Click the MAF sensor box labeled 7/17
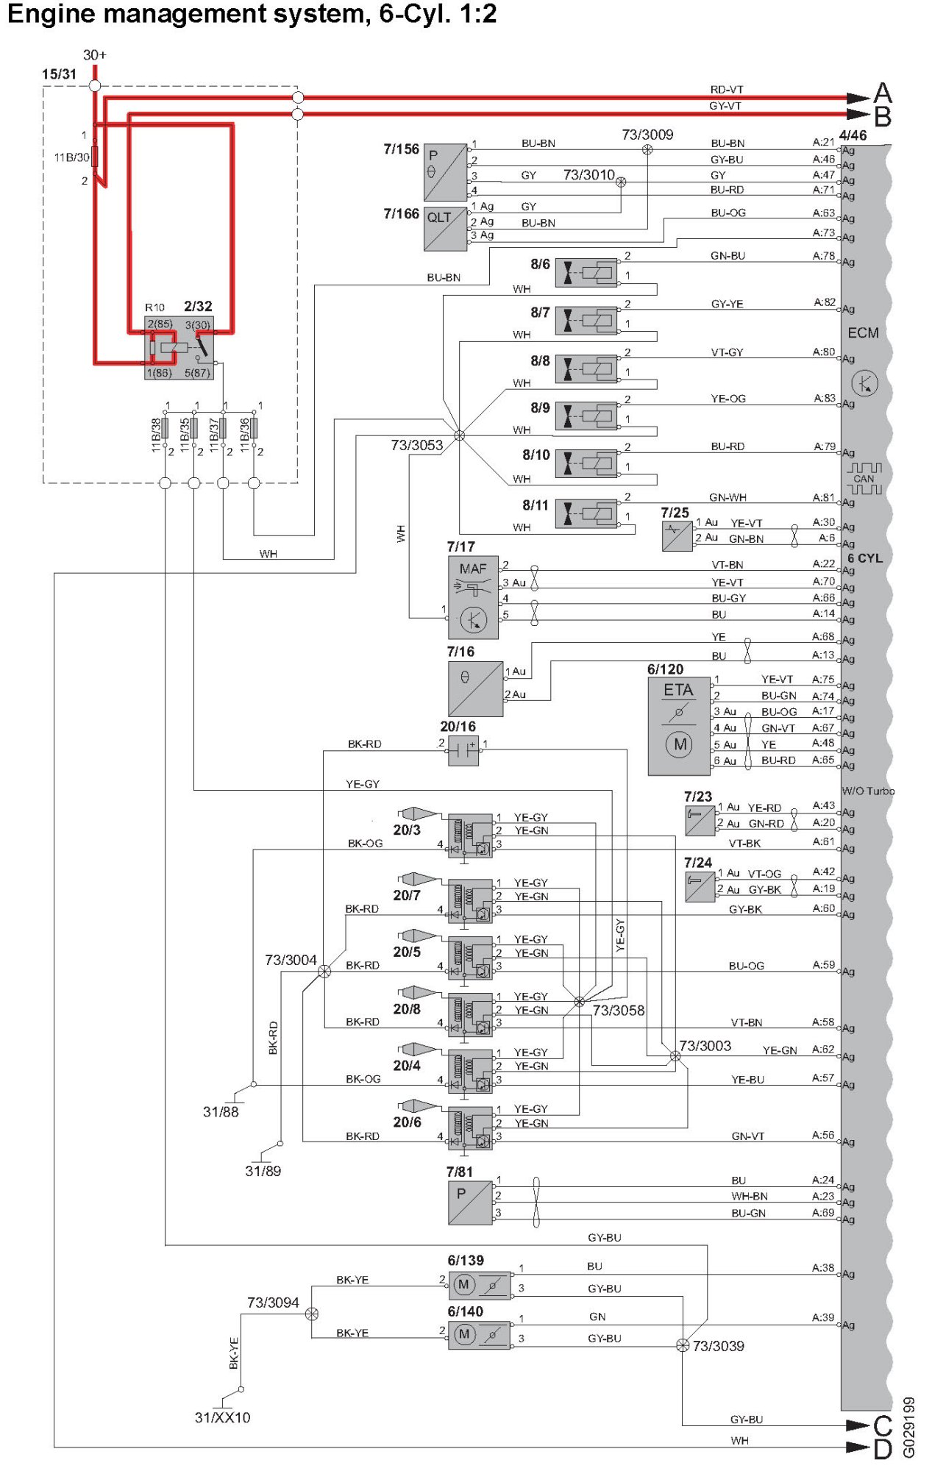473,597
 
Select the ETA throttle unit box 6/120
678,726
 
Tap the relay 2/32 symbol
179,348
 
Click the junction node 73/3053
460,435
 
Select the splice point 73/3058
579,1002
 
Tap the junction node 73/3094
312,1314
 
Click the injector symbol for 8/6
586,273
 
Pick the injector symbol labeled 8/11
586,513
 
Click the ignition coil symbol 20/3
470,835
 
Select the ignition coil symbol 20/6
470,1128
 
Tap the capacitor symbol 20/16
463,750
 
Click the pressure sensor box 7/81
470,1203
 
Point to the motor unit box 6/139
480,1285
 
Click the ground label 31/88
221,1112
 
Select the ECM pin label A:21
823,143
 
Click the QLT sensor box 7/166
445,228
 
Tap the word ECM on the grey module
863,333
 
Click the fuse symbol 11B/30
95,157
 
